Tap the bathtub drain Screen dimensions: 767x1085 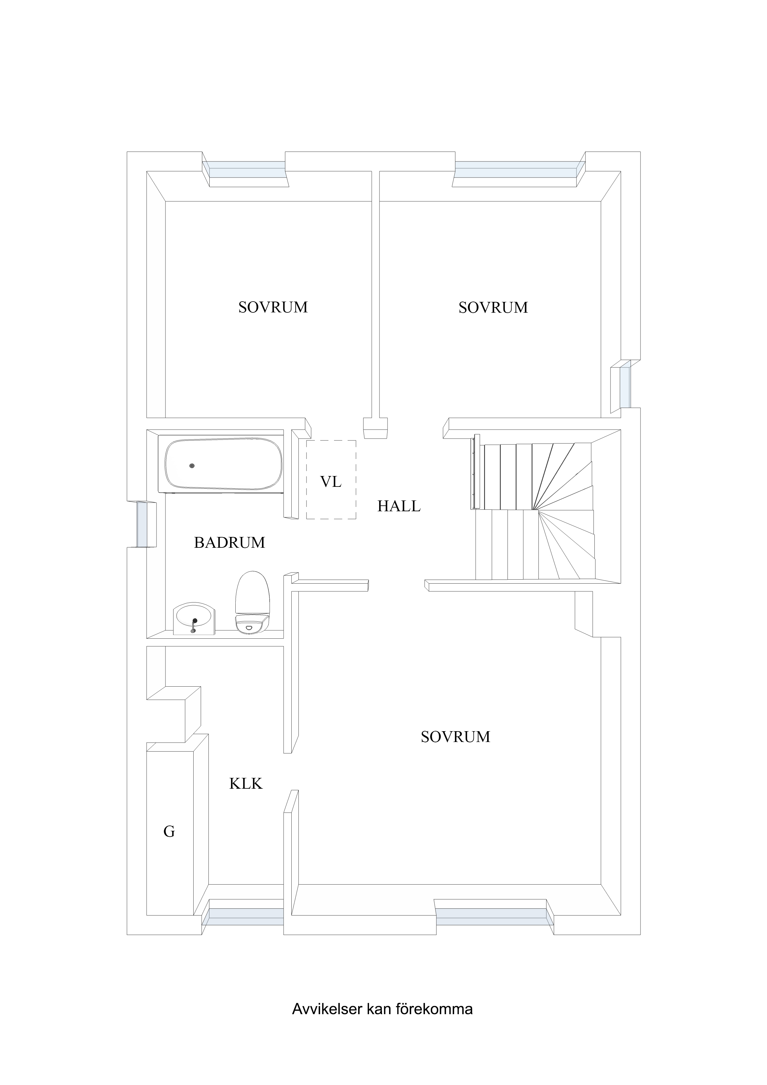(192, 466)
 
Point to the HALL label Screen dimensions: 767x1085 (399, 506)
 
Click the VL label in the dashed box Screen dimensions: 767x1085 (331, 482)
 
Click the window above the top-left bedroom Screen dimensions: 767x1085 (246, 169)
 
